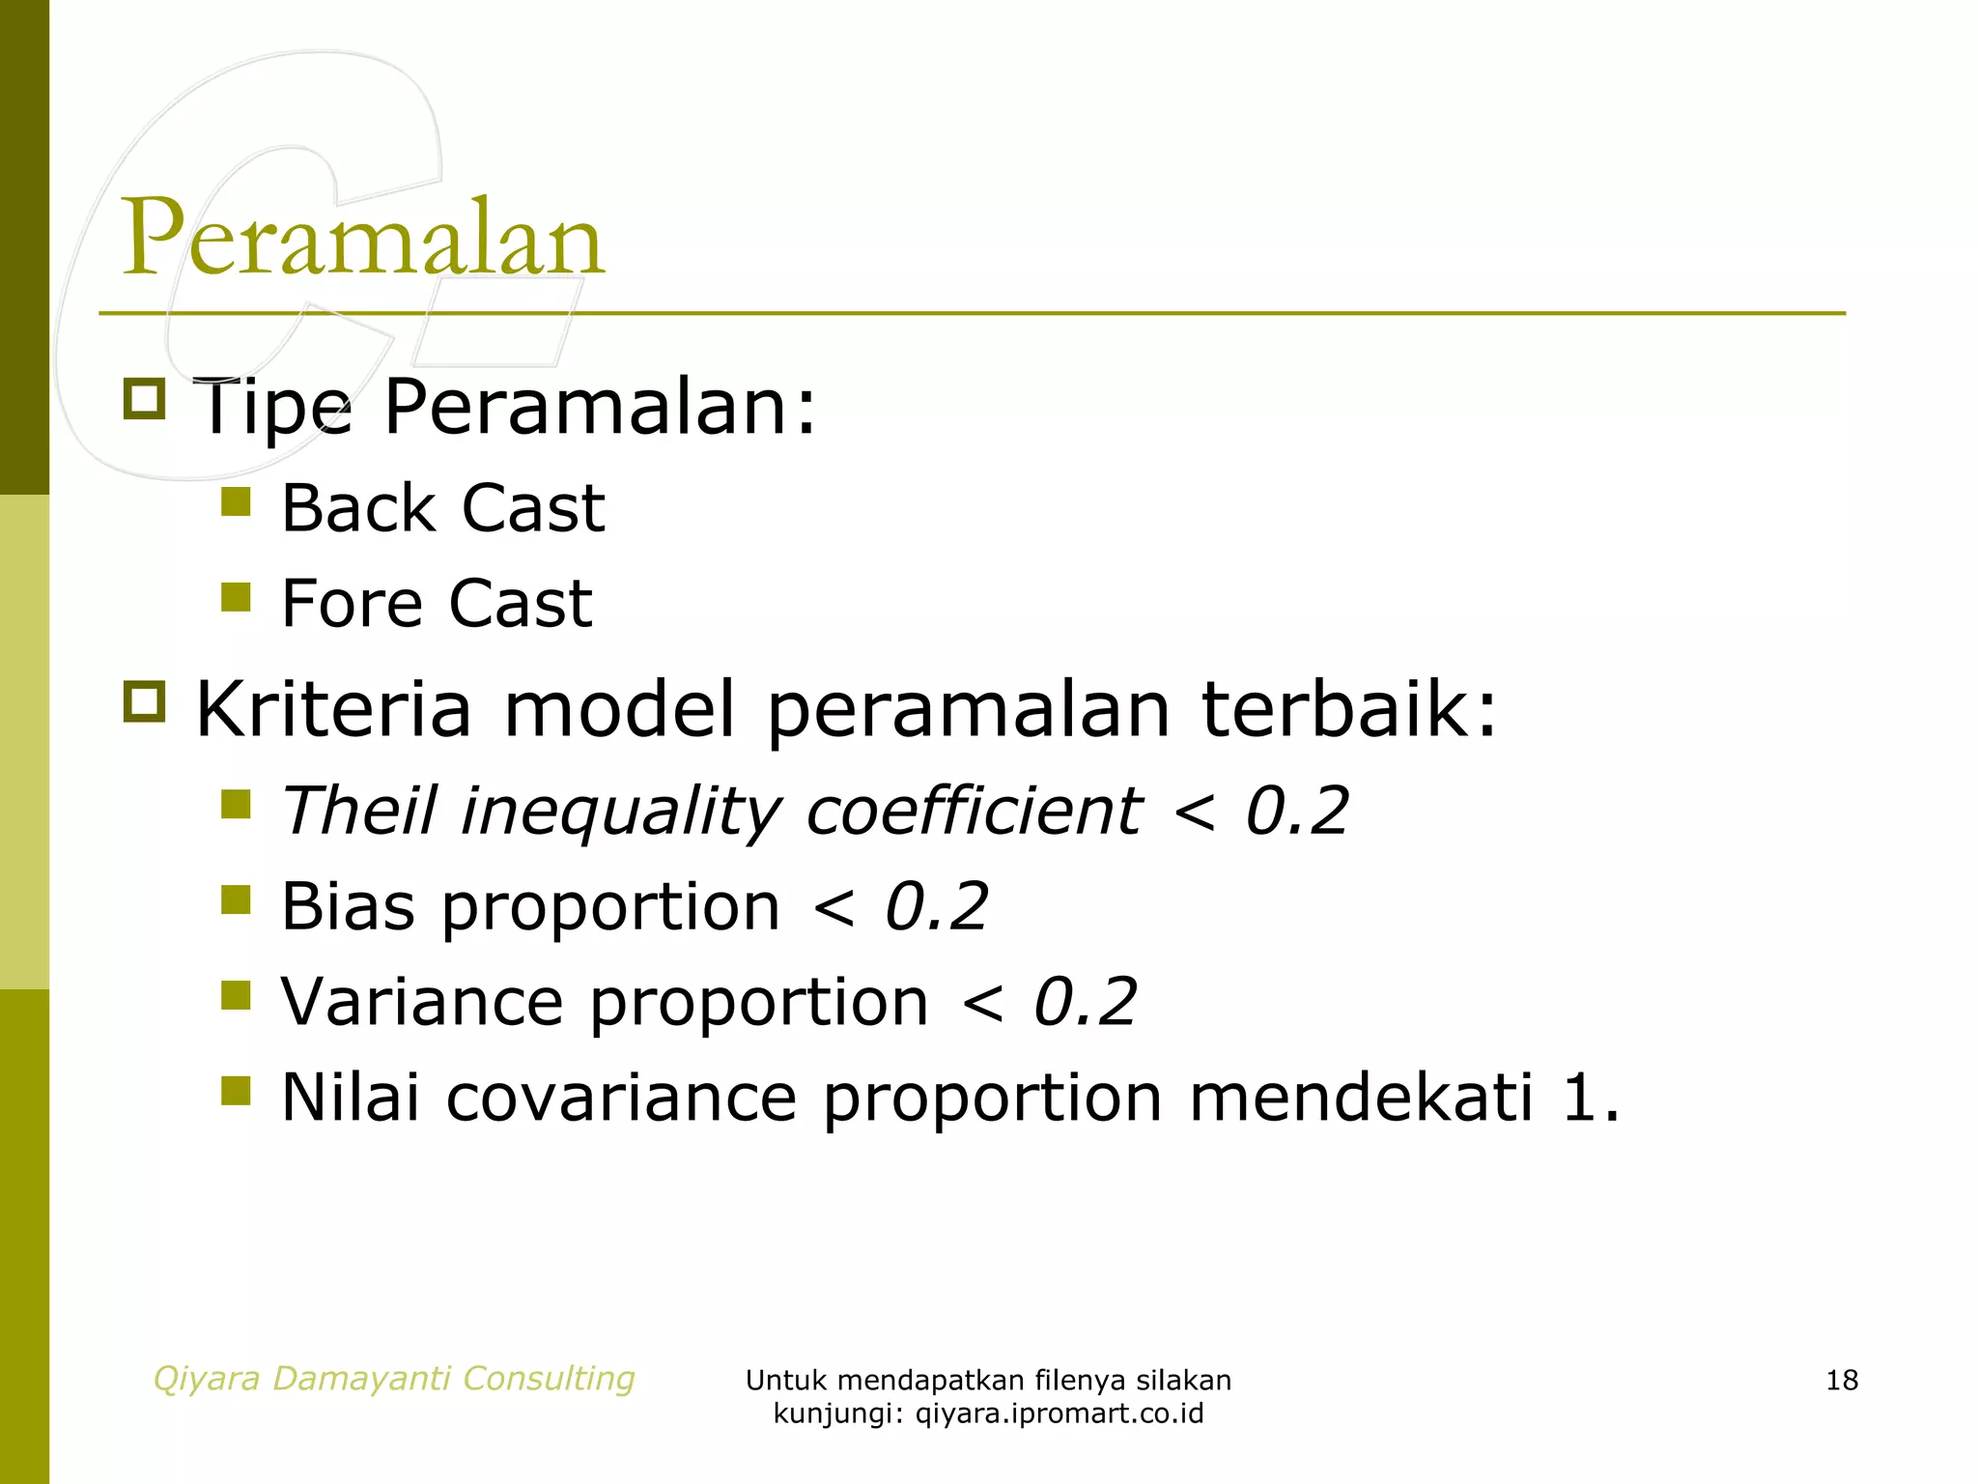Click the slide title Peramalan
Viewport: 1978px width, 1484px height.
(362, 237)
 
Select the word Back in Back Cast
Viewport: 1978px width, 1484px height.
(357, 508)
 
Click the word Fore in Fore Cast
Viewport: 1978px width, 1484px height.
(352, 604)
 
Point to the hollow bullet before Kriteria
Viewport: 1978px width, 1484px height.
(145, 701)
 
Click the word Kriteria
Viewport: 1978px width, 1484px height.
(333, 709)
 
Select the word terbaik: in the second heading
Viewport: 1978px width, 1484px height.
(1348, 709)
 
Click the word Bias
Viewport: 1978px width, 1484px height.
(348, 906)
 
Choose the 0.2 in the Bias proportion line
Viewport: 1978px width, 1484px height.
(936, 906)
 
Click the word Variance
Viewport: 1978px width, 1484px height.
(422, 1002)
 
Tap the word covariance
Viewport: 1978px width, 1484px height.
(621, 1098)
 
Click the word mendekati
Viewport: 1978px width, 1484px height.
(1360, 1098)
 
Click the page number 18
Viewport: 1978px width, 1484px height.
(1841, 1380)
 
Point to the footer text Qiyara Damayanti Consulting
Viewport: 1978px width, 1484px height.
(394, 1378)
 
